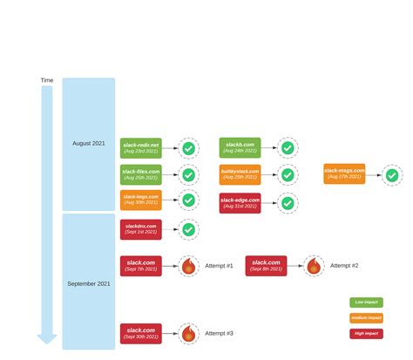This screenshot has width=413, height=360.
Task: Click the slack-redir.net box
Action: [140, 148]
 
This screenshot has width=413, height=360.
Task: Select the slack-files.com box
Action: [140, 175]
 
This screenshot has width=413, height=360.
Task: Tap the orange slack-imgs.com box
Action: [140, 200]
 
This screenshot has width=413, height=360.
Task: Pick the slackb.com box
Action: [240, 148]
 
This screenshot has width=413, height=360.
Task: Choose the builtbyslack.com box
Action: [240, 175]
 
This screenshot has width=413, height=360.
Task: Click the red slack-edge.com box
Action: [240, 203]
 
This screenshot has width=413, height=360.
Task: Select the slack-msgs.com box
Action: [344, 174]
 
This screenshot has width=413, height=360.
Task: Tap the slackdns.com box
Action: [140, 230]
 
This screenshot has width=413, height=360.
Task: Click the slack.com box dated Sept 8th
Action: [266, 266]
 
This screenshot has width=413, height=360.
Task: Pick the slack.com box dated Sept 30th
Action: [140, 334]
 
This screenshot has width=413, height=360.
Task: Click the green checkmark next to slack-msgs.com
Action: [392, 175]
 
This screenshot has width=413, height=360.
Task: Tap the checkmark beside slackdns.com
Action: [188, 231]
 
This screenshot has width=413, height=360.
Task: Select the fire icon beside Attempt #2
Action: [314, 266]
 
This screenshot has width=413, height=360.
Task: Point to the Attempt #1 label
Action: [219, 266]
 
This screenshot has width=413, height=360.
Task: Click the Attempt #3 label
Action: [219, 334]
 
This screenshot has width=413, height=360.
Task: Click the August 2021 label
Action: [89, 143]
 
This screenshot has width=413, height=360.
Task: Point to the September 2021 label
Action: [89, 283]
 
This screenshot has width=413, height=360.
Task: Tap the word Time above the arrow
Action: [47, 80]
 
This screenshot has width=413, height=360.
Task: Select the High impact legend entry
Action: [367, 334]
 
